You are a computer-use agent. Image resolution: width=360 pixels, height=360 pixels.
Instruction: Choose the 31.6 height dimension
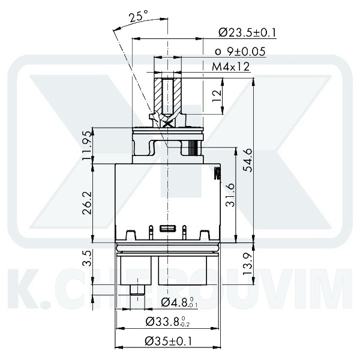230,194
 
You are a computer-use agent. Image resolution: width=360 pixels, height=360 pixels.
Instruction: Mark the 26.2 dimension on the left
88,203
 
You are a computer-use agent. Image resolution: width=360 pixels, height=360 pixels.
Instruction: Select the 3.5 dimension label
88,259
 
